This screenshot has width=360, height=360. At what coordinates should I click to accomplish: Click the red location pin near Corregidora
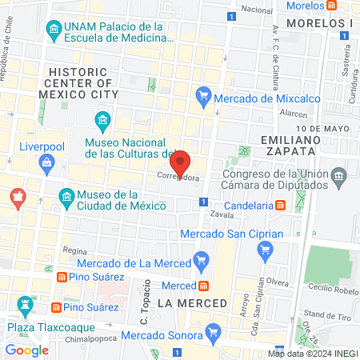click(x=181, y=163)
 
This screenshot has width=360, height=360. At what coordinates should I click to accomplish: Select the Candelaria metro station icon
click(x=281, y=204)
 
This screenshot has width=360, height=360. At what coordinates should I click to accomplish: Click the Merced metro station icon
click(x=204, y=286)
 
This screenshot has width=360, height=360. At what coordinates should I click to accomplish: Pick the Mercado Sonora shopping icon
click(x=212, y=331)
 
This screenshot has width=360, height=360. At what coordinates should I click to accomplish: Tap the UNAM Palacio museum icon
click(x=54, y=33)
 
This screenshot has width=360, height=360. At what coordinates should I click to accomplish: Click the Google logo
click(x=26, y=350)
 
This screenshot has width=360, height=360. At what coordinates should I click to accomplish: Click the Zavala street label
click(x=222, y=215)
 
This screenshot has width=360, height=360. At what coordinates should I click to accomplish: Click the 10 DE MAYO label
click(x=322, y=128)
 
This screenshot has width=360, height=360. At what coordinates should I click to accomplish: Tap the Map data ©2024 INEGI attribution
click(x=313, y=353)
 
